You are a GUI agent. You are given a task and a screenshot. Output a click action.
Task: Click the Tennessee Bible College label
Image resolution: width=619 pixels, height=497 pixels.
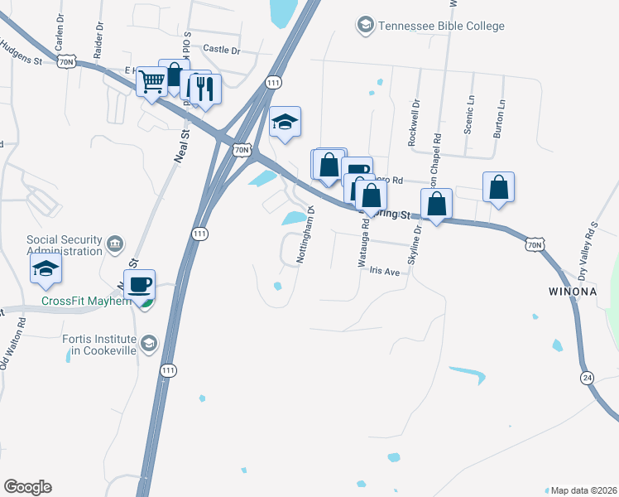[x=440, y=26]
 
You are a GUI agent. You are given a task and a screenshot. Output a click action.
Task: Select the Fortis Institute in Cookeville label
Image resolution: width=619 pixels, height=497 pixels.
[x=98, y=344]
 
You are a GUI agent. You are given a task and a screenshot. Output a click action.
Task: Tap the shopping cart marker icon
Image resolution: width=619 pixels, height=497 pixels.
[x=152, y=83]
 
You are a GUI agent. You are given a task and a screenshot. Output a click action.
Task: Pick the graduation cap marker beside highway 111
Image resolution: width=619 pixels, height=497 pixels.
[x=285, y=123]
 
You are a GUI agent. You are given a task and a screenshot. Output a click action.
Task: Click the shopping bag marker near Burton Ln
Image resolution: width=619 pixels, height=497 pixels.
[x=499, y=188]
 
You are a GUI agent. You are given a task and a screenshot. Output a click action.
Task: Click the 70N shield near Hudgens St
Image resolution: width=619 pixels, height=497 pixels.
[x=68, y=62]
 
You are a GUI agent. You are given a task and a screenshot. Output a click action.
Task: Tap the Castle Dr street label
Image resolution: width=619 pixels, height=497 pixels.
[x=221, y=51]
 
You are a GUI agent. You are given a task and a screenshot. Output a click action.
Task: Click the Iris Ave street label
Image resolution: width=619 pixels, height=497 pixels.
[x=384, y=271]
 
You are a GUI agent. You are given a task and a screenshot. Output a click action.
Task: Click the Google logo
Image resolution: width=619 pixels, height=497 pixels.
[x=27, y=487]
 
